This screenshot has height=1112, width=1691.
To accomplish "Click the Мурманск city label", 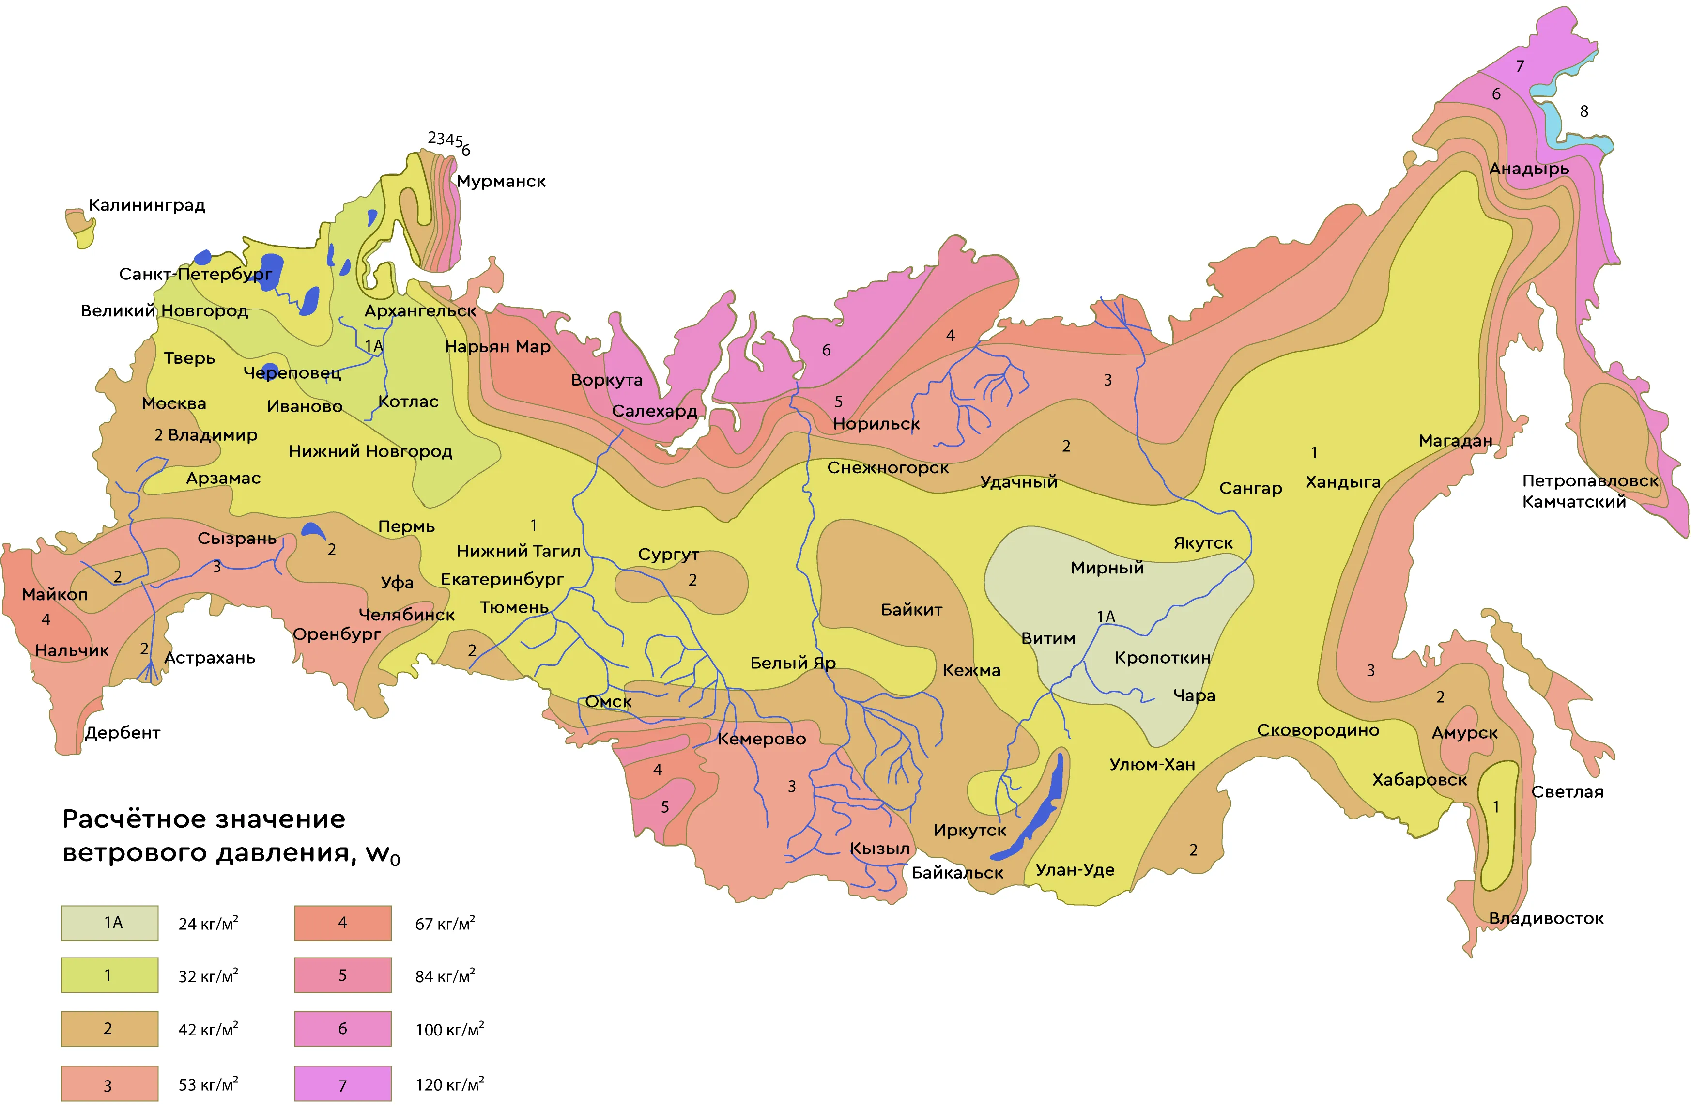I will [x=501, y=181].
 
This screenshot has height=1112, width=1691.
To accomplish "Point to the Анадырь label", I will [x=1529, y=169].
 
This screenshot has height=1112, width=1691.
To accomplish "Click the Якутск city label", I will [x=1203, y=543].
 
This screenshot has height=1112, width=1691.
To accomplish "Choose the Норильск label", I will [x=876, y=424].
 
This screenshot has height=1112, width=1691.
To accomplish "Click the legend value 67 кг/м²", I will [x=445, y=924].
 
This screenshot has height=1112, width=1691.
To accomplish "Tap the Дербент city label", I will [x=122, y=733].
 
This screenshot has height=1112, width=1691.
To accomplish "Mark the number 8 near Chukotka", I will [x=1583, y=111].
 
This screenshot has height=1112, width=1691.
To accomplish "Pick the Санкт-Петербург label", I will [x=195, y=274].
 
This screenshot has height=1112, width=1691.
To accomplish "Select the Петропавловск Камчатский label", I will [x=1589, y=491].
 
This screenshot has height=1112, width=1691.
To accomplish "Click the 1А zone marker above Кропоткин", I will [x=1106, y=616].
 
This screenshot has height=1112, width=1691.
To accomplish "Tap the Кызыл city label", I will [x=879, y=849].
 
